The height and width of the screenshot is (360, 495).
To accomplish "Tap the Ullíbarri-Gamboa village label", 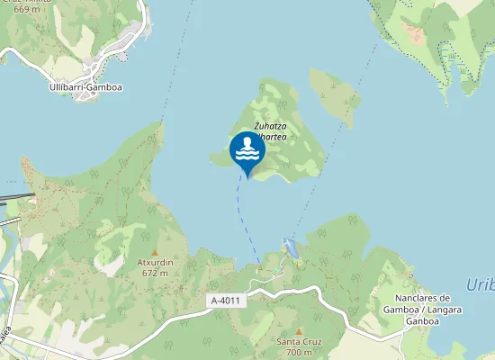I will pyautogui.click(x=85, y=87).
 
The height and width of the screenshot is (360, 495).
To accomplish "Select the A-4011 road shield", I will pyautogui.click(x=226, y=301).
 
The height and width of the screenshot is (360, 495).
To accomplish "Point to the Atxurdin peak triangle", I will pyautogui.click(x=154, y=252).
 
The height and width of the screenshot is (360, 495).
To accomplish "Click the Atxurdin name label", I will pyautogui.click(x=155, y=262).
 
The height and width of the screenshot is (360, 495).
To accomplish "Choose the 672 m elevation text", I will pyautogui.click(x=155, y=272).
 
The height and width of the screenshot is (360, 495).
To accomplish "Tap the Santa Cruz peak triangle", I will pyautogui.click(x=299, y=332).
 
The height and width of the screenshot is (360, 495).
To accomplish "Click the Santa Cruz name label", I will pyautogui.click(x=299, y=342).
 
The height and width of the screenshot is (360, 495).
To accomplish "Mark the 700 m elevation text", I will pyautogui.click(x=299, y=352).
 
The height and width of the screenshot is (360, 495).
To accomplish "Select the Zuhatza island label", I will pyautogui.click(x=269, y=126).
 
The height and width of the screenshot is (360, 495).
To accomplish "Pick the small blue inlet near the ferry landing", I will pyautogui.click(x=289, y=247).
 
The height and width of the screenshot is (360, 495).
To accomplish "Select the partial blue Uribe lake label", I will pyautogui.click(x=481, y=285).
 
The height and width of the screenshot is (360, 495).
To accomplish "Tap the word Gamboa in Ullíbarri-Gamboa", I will pyautogui.click(x=105, y=87).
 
